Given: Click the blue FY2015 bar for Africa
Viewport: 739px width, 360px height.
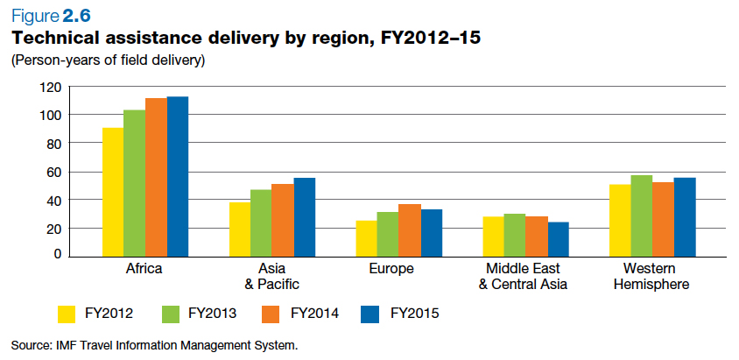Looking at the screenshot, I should pyautogui.click(x=178, y=175).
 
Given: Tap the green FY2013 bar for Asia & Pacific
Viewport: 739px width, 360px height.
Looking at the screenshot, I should pyautogui.click(x=261, y=222).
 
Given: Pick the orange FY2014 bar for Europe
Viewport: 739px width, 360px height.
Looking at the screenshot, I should pyautogui.click(x=410, y=229).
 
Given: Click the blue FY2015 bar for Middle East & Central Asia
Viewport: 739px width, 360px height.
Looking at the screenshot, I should pyautogui.click(x=559, y=238).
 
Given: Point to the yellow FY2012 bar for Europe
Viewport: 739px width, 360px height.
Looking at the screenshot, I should pyautogui.click(x=367, y=237).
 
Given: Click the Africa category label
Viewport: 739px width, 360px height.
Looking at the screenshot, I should pyautogui.click(x=144, y=269).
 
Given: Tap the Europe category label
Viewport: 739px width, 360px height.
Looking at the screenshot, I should pyautogui.click(x=391, y=269).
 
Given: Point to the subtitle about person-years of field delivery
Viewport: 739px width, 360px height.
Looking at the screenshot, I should pyautogui.click(x=107, y=60).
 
